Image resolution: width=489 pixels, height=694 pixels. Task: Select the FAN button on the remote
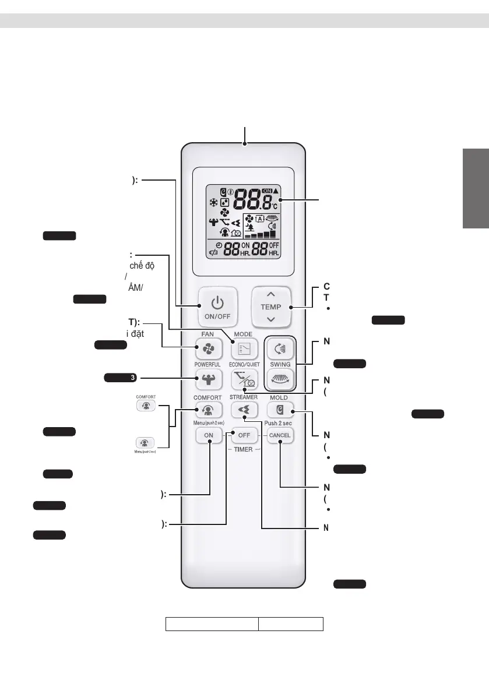point(209,349)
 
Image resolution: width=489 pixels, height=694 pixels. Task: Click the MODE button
point(243,349)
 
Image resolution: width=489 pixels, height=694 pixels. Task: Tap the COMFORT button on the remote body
point(209,410)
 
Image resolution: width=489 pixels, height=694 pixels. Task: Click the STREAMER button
point(243,410)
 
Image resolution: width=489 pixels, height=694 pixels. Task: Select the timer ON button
point(209,435)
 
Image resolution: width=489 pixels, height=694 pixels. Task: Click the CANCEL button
point(279,435)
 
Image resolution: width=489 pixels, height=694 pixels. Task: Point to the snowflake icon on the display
point(214,203)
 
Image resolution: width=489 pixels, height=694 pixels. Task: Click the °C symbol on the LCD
point(274,206)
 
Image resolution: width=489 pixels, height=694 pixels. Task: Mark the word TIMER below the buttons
point(244,449)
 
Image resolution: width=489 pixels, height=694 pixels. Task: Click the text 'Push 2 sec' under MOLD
point(279,424)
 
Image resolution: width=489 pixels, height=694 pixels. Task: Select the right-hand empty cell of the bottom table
point(291,624)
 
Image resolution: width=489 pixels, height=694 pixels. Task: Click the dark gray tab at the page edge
point(476,189)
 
